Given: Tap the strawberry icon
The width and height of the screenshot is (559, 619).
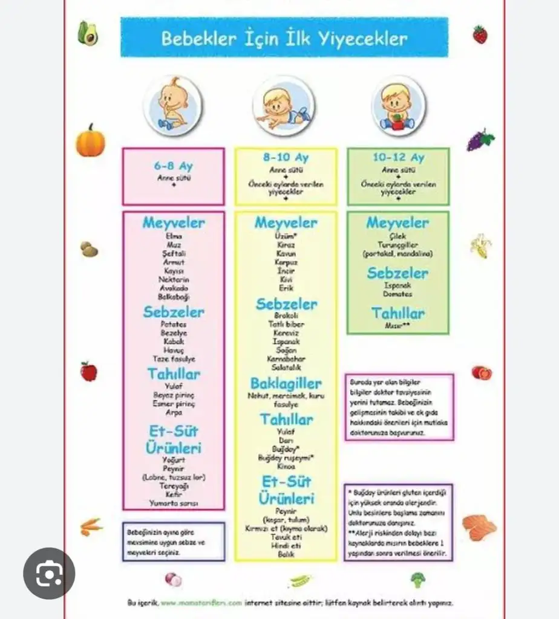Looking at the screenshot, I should click(480, 34).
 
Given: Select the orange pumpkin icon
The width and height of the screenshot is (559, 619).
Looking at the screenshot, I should click(90, 141).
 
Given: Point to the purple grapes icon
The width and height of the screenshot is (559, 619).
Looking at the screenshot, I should click(480, 140).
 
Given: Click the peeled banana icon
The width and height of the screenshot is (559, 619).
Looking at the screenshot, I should click(481, 245).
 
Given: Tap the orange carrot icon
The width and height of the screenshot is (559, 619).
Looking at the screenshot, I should click(91, 526).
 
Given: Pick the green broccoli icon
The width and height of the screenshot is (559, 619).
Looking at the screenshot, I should click(417, 579).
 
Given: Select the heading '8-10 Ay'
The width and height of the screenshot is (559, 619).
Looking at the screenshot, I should click(286, 158).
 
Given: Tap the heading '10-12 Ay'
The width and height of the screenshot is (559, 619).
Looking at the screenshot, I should click(398, 158).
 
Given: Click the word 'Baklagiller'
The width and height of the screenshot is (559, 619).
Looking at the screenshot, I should click(286, 383).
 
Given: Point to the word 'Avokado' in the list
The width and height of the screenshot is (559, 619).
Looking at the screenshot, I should click(174, 288).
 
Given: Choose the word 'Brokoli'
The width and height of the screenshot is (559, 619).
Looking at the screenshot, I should click(286, 316).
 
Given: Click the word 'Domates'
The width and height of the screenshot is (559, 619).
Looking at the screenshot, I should click(398, 294).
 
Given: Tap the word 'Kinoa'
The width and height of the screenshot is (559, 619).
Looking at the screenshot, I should click(286, 467).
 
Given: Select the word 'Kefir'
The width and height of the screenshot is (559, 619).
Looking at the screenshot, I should click(174, 494).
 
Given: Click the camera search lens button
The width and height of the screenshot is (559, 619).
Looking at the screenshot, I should click(49, 573).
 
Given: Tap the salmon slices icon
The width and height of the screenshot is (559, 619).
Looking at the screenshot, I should click(480, 528).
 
